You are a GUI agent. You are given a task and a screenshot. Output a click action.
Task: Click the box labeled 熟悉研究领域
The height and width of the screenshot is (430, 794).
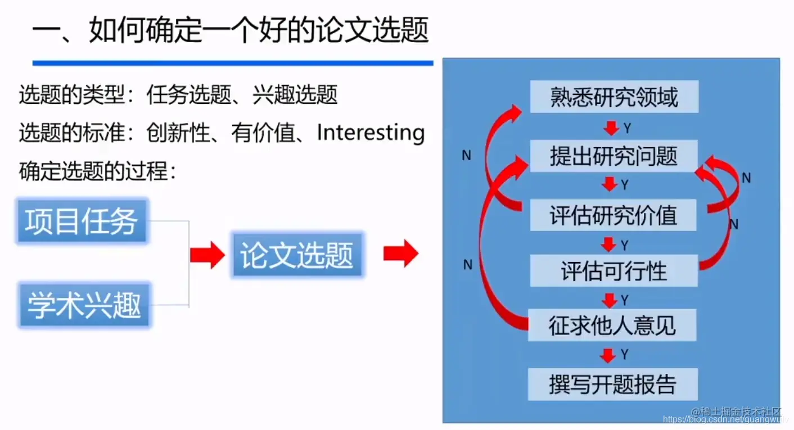[x=614, y=97]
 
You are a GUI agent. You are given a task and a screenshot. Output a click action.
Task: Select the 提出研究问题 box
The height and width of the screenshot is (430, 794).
[x=614, y=156]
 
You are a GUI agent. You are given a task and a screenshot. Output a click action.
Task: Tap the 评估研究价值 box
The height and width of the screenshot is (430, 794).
[x=614, y=215]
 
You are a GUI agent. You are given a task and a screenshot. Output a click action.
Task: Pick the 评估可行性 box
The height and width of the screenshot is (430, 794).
[x=614, y=271]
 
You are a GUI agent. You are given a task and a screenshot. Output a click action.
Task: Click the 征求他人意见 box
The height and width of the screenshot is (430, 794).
[x=612, y=325]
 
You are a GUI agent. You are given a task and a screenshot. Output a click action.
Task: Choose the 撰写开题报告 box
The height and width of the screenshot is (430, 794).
[x=612, y=384]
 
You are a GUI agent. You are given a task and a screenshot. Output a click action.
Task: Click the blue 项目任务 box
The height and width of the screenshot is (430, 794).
[x=82, y=221]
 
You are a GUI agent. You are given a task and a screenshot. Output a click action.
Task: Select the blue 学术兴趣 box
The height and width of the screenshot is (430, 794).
[x=84, y=306]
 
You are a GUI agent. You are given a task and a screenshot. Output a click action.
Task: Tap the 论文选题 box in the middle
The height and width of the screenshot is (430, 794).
[x=297, y=256]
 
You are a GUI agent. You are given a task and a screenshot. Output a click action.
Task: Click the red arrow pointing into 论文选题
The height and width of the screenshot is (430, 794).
[x=207, y=256]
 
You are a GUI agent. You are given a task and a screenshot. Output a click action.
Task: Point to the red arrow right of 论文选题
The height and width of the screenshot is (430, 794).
[x=400, y=254]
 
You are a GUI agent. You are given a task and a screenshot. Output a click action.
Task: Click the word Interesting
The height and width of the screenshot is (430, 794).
[x=371, y=133]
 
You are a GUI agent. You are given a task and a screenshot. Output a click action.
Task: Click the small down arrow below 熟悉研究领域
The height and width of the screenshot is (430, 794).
[x=610, y=129]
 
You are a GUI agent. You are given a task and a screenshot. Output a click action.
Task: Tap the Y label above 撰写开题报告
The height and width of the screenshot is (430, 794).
[x=624, y=355]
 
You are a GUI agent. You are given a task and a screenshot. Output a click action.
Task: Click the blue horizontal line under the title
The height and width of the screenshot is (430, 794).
[x=232, y=63]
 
